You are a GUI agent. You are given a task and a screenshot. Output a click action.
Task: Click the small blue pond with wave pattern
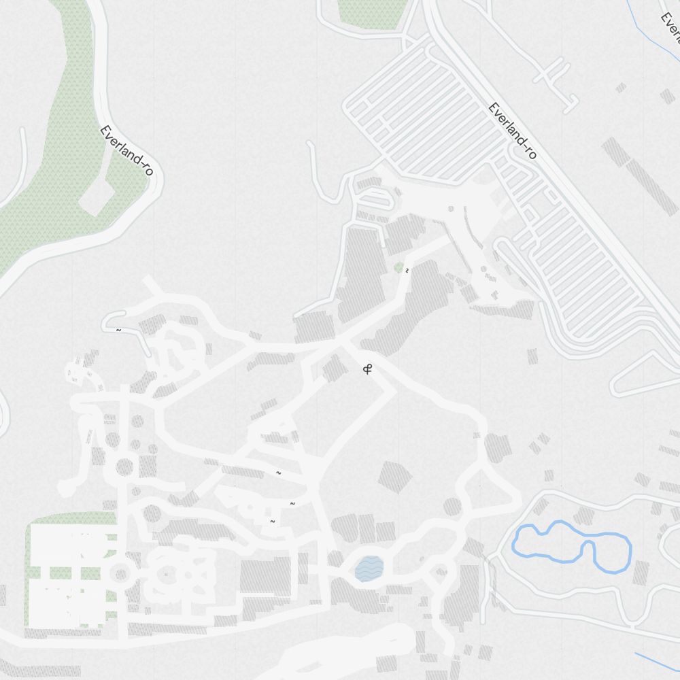(369, 568)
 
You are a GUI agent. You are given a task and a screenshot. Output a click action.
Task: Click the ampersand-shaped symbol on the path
(369, 370)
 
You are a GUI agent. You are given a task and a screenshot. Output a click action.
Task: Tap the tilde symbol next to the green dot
(407, 271)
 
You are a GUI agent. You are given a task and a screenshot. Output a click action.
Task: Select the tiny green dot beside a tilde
(399, 267)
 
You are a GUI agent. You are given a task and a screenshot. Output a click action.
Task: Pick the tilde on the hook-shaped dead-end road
(118, 330)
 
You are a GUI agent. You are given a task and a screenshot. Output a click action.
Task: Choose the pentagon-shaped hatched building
(394, 476)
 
